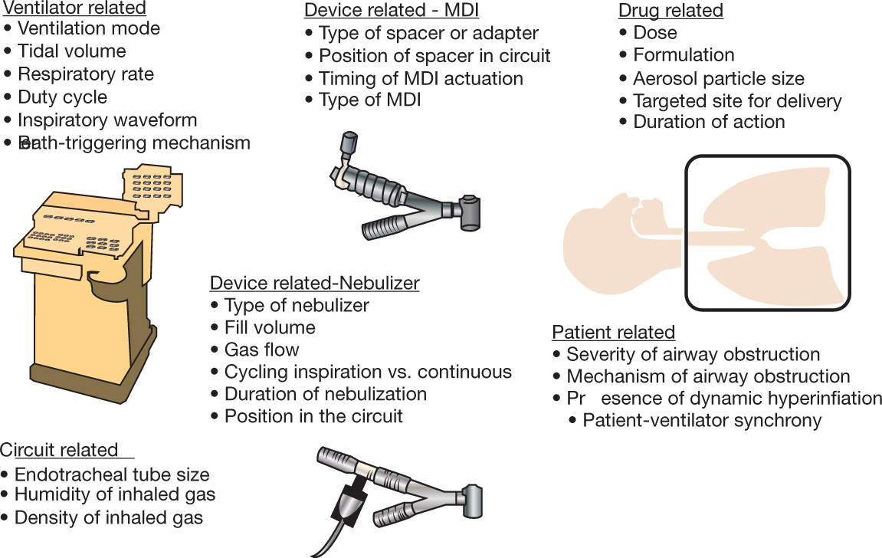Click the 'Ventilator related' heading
pyautogui.click(x=74, y=8)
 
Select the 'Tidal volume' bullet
pyautogui.click(x=71, y=51)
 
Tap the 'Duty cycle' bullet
pyautogui.click(x=62, y=97)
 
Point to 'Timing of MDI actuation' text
pyautogui.click(x=421, y=79)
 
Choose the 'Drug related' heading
pyautogui.click(x=671, y=11)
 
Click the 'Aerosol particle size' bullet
pyautogui.click(x=718, y=79)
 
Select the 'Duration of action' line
pyautogui.click(x=708, y=122)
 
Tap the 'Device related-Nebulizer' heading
pyautogui.click(x=314, y=283)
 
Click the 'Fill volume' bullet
pyautogui.click(x=269, y=328)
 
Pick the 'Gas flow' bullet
pyautogui.click(x=261, y=350)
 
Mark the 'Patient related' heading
pyautogui.click(x=613, y=333)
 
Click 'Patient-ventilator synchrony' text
pyautogui.click(x=701, y=421)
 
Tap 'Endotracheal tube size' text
pyautogui.click(x=111, y=475)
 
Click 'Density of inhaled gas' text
pyautogui.click(x=108, y=518)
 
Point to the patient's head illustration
pyautogui.click(x=605, y=230)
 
